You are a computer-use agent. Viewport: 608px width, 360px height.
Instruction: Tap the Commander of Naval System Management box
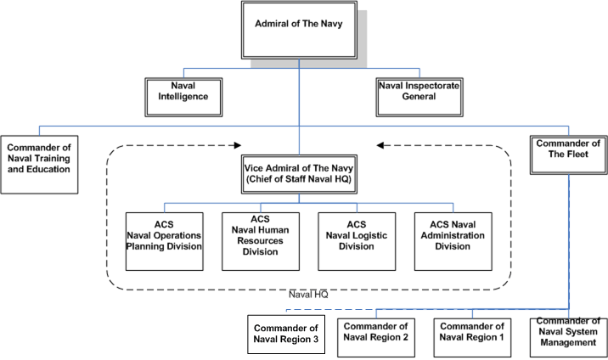pos(569,333)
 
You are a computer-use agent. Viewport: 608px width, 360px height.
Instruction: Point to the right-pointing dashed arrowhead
pos(237,144)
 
